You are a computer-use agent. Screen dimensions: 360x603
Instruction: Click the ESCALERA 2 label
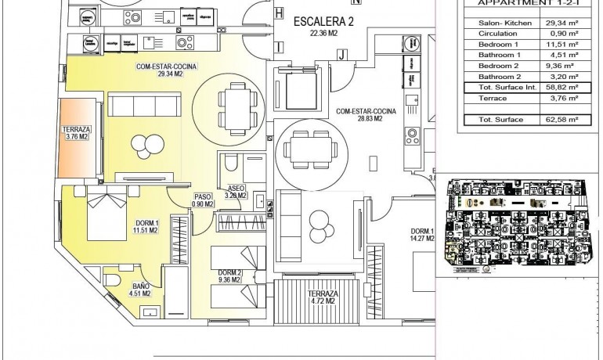[x=323, y=27]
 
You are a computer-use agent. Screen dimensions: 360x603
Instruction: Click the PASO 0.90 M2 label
[x=203, y=201]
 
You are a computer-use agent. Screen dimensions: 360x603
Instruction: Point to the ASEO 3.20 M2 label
[x=236, y=192]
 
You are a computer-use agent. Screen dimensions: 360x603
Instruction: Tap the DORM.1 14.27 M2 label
[x=423, y=236]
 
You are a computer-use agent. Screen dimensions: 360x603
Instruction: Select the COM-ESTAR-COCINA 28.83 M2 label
[x=366, y=115]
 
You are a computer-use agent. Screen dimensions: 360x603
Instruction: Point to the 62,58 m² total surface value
[x=561, y=120]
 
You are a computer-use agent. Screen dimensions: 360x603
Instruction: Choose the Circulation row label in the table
[x=499, y=34]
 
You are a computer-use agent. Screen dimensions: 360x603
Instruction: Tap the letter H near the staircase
[x=278, y=13]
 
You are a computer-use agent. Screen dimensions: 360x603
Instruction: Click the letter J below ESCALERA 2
[x=342, y=54]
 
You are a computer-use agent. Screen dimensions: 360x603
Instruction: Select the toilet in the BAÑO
[x=111, y=279]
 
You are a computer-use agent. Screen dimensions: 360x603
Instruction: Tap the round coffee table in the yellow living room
[x=143, y=143]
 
